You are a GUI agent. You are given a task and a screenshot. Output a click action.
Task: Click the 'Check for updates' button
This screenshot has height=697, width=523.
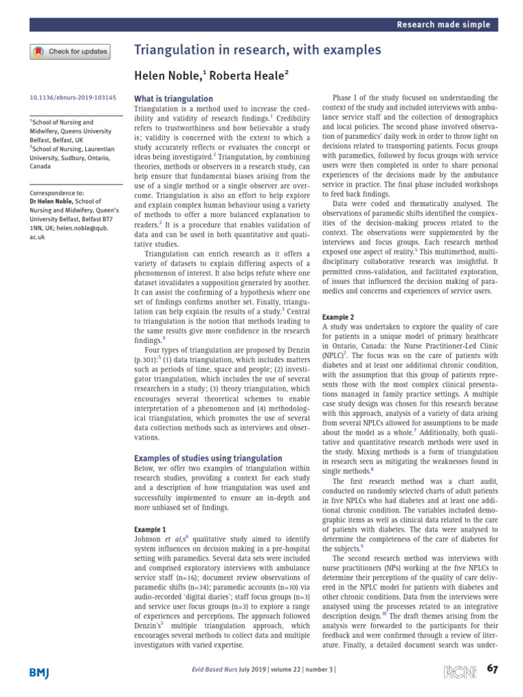(x=69, y=51)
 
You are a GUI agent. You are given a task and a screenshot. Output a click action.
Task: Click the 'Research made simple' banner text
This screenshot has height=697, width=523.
(x=445, y=25)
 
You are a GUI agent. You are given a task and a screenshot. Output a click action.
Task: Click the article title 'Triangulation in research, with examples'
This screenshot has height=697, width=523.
(x=257, y=50)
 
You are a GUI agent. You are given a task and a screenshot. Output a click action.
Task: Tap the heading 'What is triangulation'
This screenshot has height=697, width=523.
(x=174, y=99)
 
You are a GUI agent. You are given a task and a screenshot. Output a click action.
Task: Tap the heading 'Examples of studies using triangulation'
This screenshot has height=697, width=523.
(x=208, y=458)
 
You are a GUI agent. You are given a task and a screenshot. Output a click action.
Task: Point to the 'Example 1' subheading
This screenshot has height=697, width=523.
(x=150, y=529)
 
